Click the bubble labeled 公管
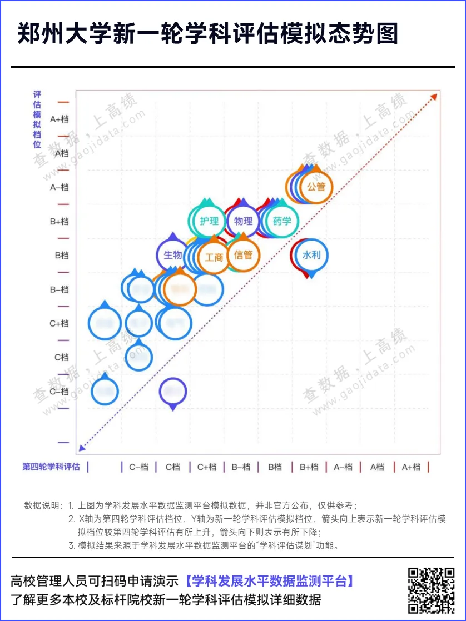(x=316, y=187)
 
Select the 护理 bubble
(x=209, y=221)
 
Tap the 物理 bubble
(x=243, y=221)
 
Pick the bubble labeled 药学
(x=282, y=221)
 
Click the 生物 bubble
(x=173, y=255)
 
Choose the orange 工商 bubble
(x=214, y=257)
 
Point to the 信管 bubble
(x=243, y=255)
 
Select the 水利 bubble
(x=311, y=255)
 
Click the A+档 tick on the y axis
(x=60, y=119)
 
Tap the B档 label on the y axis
(x=62, y=256)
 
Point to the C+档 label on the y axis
(x=60, y=323)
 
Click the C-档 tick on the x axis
(x=139, y=467)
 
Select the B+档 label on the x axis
(x=309, y=467)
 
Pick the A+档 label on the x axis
(x=412, y=467)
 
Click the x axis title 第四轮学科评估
(x=51, y=467)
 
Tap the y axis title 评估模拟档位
(x=37, y=119)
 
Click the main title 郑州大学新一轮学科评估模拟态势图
(x=208, y=34)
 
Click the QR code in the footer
(x=432, y=590)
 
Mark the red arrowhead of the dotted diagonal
(x=434, y=96)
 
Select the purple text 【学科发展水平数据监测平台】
(x=269, y=582)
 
